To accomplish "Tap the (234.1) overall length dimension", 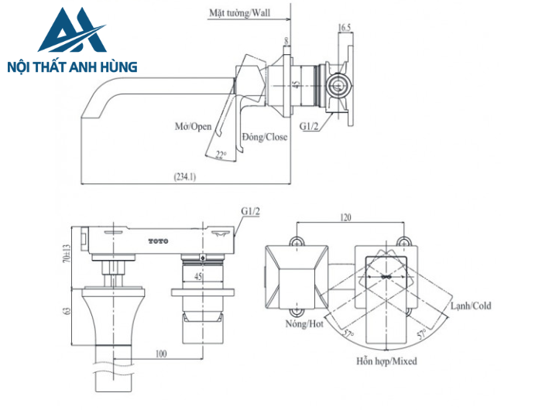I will [186, 176].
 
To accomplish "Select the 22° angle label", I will [221, 154].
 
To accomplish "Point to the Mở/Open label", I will [191, 125].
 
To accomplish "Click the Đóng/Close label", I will [264, 137].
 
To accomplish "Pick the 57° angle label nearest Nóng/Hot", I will [349, 334].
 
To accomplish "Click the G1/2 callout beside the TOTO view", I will [249, 210].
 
